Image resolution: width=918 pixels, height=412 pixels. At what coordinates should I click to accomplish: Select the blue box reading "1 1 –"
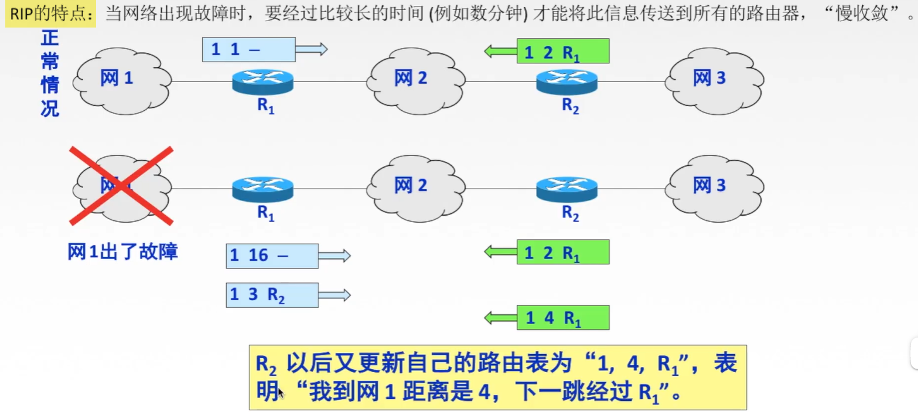pos(248,50)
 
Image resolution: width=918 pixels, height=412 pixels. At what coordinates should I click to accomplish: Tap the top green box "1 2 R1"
pos(562,52)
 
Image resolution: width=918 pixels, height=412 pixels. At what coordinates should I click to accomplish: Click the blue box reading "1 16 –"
pos(272,256)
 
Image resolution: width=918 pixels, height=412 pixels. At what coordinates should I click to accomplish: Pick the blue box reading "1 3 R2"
pos(272,295)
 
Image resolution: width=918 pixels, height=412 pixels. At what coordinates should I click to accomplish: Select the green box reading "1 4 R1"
pos(562,318)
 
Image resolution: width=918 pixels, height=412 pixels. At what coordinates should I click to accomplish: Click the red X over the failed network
pos(121,186)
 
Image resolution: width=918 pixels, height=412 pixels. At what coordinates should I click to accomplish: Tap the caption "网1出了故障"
pos(122,253)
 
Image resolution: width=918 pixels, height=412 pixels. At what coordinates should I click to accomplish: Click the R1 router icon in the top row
pos(262,81)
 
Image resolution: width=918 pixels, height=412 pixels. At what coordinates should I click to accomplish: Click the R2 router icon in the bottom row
pos(567,188)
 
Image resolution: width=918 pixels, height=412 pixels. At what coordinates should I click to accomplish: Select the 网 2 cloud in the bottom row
pos(415,186)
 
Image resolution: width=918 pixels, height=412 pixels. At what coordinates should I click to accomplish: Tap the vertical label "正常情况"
pos(50,75)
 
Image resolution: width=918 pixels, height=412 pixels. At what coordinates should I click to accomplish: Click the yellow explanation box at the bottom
pos(497,377)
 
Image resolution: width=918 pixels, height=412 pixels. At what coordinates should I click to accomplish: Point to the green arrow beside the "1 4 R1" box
pos(500,318)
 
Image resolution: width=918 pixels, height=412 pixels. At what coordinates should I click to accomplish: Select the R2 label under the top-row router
pos(570,106)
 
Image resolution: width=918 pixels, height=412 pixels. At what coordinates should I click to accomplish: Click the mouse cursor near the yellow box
pos(281,393)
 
